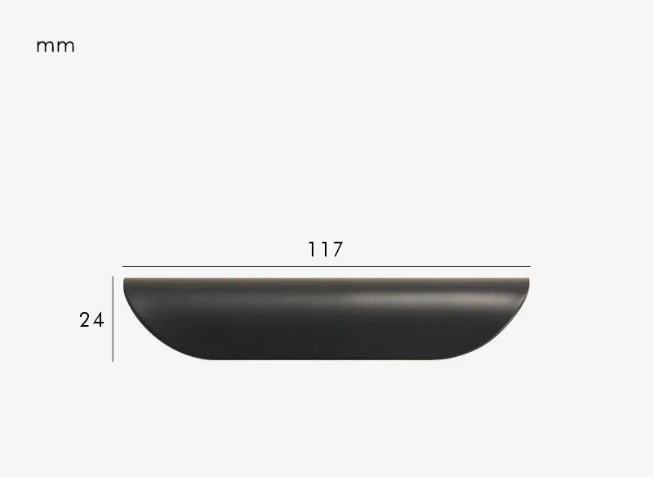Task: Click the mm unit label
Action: point(56,47)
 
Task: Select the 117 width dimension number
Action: point(325,249)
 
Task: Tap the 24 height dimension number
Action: point(91,320)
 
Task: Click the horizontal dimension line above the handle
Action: point(326,266)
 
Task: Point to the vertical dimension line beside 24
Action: point(113,319)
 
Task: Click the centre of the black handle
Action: point(326,319)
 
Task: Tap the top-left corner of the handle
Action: point(124,279)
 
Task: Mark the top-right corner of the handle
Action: point(529,279)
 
